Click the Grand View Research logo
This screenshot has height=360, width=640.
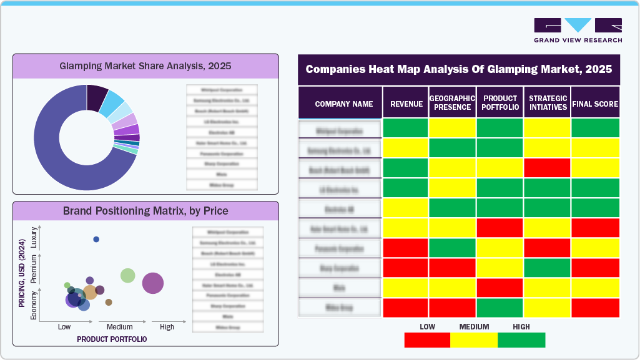(578, 30)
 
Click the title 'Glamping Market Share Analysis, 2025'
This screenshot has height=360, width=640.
(145, 65)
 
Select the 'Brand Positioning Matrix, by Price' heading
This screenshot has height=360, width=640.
(145, 211)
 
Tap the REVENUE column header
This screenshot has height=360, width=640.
(406, 104)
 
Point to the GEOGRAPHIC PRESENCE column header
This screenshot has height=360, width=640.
(452, 103)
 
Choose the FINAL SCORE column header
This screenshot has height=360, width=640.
(595, 104)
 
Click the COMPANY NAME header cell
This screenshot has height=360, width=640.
(343, 104)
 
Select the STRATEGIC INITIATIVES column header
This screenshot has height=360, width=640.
(547, 103)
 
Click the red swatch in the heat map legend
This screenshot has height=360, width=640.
(427, 339)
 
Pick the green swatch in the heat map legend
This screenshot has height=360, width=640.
(521, 339)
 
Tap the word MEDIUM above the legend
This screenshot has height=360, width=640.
(475, 326)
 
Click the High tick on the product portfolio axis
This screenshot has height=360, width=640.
(167, 326)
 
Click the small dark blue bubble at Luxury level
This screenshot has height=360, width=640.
(96, 239)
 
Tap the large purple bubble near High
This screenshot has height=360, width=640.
(153, 283)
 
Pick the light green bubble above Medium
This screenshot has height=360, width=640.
(127, 275)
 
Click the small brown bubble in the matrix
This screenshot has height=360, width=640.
(109, 302)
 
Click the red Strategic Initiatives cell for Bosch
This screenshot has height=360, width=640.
(547, 168)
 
